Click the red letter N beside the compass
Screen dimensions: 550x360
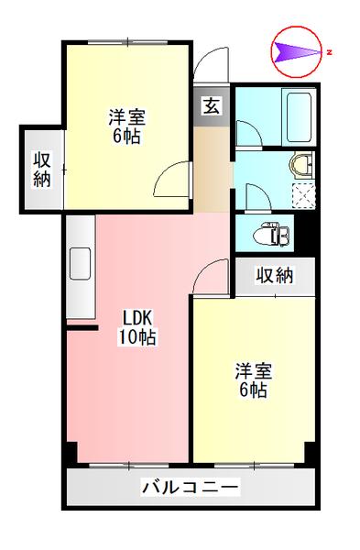pos(329,52)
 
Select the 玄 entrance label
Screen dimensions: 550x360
pos(211,105)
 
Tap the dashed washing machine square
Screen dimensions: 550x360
pos(302,194)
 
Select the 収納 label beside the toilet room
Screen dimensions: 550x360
pos(274,274)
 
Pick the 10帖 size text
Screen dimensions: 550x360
pos(136,337)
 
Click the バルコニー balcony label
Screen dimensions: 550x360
pos(190,487)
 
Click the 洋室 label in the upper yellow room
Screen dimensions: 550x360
pos(127,117)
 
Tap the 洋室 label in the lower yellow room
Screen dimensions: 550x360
pos(252,371)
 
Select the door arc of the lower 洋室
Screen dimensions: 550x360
pos(210,276)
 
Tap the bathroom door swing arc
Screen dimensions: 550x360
pos(247,130)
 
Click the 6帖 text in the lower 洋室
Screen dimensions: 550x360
pos(252,391)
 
